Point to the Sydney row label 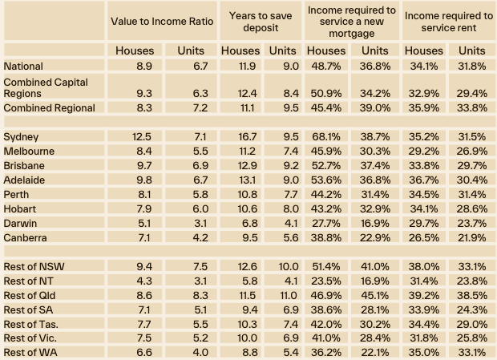(22, 137)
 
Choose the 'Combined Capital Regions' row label (46, 88)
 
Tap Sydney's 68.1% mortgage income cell (326, 137)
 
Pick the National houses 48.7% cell (326, 66)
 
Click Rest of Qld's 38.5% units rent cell (471, 295)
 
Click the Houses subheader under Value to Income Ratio (134, 51)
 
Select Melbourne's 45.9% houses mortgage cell (326, 152)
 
